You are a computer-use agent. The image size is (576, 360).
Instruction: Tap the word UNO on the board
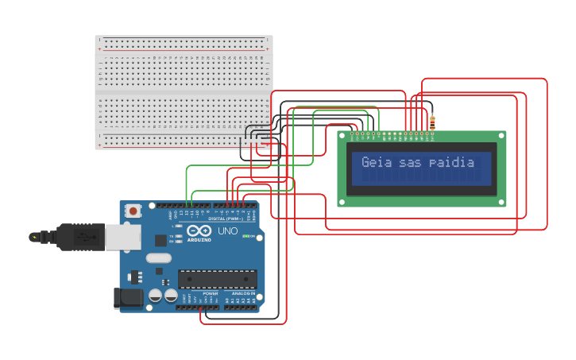pyautogui.click(x=228, y=231)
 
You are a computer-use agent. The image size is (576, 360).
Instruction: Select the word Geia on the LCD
pyautogui.click(x=376, y=163)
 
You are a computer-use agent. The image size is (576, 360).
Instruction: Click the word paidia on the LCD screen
pyautogui.click(x=451, y=163)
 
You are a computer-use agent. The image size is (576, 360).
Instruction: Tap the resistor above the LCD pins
pyautogui.click(x=432, y=122)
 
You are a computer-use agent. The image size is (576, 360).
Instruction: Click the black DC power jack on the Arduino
pyautogui.click(x=128, y=298)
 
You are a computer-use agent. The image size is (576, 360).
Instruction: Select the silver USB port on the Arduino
pyautogui.click(x=122, y=237)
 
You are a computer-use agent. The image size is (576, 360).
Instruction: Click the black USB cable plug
pyautogui.click(x=80, y=236)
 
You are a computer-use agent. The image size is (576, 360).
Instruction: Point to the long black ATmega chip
pyautogui.click(x=217, y=279)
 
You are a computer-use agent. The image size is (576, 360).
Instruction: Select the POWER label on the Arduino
pyautogui.click(x=211, y=294)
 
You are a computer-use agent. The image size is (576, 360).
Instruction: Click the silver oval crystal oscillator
pyautogui.click(x=158, y=257)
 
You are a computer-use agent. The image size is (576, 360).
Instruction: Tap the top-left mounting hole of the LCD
pyautogui.click(x=342, y=137)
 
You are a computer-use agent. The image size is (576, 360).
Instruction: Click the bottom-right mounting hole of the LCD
pyautogui.click(x=501, y=202)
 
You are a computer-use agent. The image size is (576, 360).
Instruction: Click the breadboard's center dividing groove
pyautogui.click(x=184, y=93)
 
